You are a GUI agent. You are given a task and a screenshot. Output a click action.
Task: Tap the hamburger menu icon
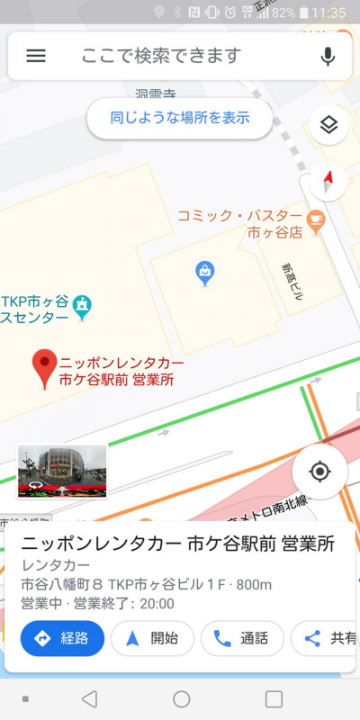tap(36, 56)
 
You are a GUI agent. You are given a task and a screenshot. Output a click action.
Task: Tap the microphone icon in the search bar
tap(328, 56)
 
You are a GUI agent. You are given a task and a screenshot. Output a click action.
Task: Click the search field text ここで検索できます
tap(162, 56)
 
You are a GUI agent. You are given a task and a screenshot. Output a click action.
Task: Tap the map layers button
tap(328, 125)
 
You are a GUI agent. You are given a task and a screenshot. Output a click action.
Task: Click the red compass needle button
tap(328, 181)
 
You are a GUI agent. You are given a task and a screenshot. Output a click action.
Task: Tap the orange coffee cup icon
tap(315, 219)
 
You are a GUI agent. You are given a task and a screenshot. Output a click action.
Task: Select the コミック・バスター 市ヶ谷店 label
tap(241, 224)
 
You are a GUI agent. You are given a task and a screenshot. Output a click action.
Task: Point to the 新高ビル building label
tap(292, 275)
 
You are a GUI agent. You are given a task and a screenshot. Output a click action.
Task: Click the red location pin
tap(43, 368)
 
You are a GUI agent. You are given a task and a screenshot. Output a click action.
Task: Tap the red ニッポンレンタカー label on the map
tap(121, 371)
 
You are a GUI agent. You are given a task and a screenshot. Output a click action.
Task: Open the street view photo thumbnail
tap(62, 471)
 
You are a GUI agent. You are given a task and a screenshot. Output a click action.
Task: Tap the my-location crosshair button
tap(319, 471)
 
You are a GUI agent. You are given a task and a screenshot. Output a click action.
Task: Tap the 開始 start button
tap(152, 638)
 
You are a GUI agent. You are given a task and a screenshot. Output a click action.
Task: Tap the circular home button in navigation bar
tap(181, 699)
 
